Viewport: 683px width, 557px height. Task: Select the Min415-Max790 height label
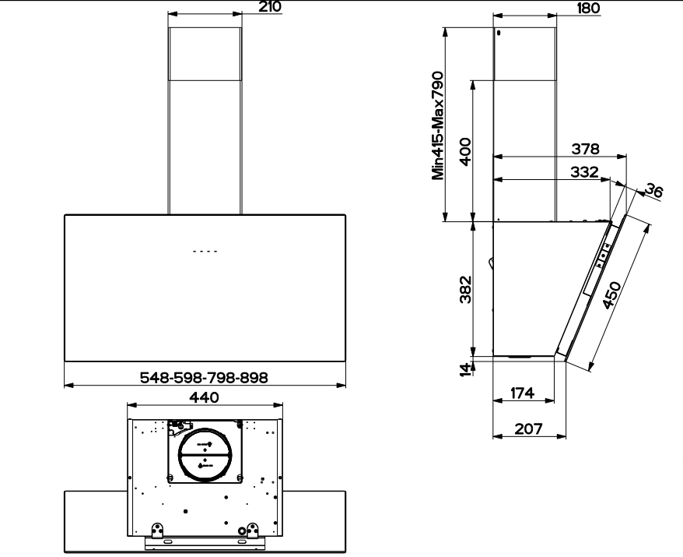(x=438, y=125)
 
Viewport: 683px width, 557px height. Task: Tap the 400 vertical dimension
(x=464, y=151)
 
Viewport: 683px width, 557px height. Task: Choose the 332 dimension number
(x=583, y=171)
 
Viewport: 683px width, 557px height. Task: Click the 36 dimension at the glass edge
(x=654, y=191)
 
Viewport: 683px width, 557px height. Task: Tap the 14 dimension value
(x=464, y=368)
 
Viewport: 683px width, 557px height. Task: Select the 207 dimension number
(x=528, y=428)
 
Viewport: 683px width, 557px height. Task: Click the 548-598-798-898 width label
(x=204, y=377)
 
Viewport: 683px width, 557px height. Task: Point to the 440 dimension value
(x=204, y=397)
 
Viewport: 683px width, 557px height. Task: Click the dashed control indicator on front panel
(x=205, y=252)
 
